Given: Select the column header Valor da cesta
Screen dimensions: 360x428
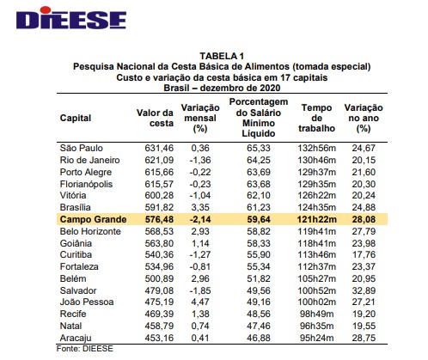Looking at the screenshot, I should coord(156,118).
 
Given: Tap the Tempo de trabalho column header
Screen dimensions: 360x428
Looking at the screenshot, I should coord(317,118).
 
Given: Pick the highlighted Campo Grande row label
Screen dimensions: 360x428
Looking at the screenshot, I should coord(94,219).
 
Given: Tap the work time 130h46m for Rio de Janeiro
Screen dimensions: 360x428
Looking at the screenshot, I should coord(317,160).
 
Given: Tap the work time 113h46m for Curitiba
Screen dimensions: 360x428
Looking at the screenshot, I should coord(317,255).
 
